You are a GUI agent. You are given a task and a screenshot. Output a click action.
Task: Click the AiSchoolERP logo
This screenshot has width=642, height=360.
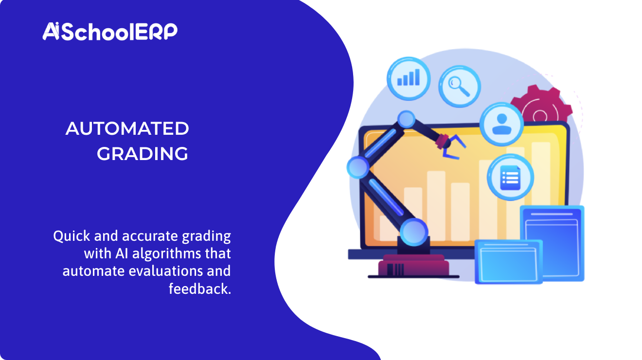tap(110, 32)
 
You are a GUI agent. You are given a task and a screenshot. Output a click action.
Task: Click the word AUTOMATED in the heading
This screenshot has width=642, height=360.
tap(127, 129)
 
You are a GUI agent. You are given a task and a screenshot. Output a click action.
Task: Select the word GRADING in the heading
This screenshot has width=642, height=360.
tap(143, 154)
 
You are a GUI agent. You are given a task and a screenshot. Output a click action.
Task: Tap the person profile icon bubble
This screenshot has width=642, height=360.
tap(501, 124)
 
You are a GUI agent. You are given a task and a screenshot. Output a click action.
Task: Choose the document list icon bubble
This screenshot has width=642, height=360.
tap(510, 178)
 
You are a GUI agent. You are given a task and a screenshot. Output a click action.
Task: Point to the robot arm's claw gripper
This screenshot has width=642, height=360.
tap(449, 145)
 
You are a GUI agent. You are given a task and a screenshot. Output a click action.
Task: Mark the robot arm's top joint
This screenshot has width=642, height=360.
tap(406, 119)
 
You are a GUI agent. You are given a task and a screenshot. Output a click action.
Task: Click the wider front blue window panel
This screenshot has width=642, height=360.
tap(508, 262)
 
